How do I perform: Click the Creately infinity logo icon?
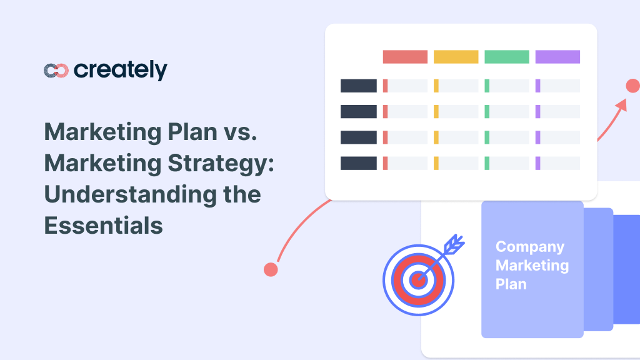tap(56, 71)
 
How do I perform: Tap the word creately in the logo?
tap(120, 70)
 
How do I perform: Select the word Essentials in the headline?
tap(103, 225)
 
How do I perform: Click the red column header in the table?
tap(405, 57)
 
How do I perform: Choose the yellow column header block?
tap(456, 57)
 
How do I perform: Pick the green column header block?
tap(507, 57)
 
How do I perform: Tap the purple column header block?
tap(557, 57)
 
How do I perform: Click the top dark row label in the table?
tap(358, 86)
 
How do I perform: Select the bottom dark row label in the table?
tap(358, 163)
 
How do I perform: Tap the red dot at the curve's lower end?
tap(271, 269)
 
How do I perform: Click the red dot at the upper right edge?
tap(632, 86)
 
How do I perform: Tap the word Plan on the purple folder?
tap(511, 284)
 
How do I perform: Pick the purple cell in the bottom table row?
tap(557, 163)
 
